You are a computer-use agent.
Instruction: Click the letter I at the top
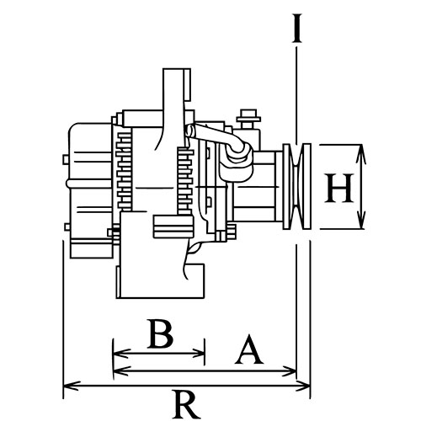click(296, 28)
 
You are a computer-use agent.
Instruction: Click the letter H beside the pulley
click(339, 188)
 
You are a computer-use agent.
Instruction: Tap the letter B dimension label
click(160, 333)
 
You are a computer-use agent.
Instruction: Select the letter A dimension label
click(249, 349)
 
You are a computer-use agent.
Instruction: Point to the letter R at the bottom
click(186, 404)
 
